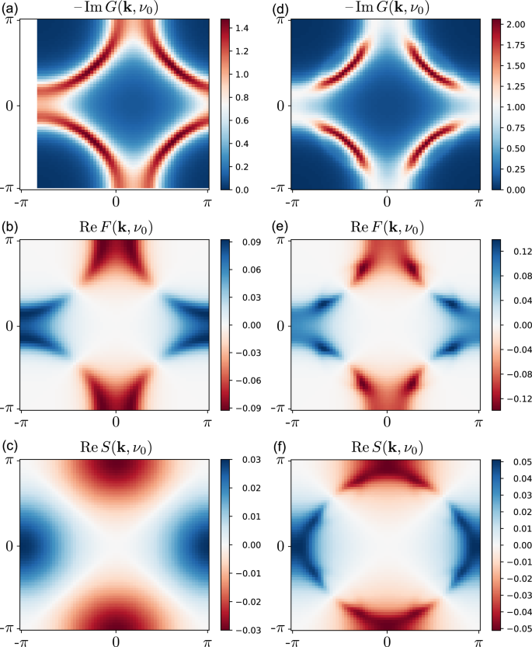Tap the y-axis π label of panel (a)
click(x=10, y=18)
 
